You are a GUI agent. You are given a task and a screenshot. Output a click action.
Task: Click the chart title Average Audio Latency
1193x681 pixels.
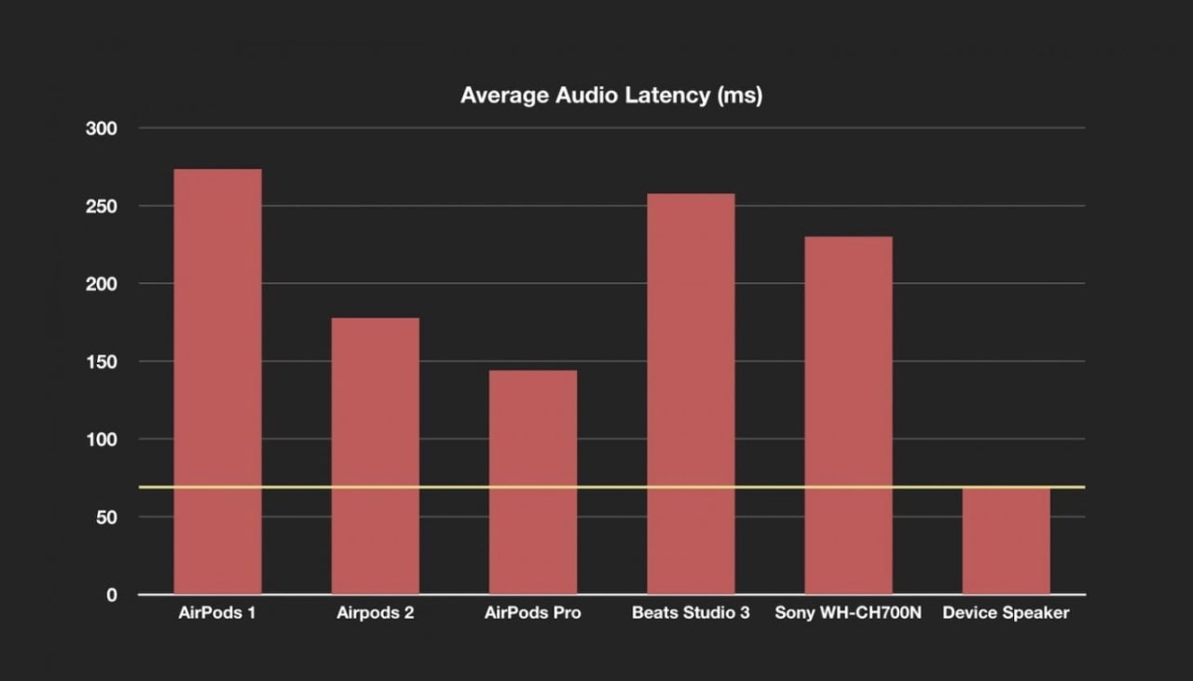[611, 96]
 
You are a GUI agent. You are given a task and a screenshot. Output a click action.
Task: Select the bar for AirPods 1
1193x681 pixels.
[217, 382]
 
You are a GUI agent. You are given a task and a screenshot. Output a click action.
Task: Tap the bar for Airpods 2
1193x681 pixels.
[376, 456]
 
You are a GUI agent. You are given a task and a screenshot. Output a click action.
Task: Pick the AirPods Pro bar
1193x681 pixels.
[533, 483]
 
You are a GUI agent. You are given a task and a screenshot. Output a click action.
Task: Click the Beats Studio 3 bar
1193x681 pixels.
[691, 394]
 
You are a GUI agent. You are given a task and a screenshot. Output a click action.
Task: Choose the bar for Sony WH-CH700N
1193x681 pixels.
[848, 415]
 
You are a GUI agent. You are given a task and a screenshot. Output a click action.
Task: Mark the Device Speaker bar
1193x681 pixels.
[1006, 541]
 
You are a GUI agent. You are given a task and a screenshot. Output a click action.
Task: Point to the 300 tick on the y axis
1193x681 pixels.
[101, 129]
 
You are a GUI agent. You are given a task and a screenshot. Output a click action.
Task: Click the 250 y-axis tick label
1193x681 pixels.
[101, 206]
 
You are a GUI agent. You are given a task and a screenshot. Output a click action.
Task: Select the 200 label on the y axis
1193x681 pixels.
[101, 284]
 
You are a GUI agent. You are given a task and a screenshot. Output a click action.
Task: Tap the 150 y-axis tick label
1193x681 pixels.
[101, 361]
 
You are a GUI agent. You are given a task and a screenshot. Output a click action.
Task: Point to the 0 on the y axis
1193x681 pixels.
[111, 594]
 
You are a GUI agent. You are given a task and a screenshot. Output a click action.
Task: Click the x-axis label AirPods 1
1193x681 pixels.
[217, 614]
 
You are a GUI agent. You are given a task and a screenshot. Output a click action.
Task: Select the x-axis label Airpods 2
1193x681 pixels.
[376, 614]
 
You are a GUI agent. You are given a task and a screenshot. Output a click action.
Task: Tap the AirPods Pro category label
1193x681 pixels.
[533, 614]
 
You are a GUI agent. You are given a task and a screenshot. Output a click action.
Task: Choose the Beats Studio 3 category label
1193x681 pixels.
[691, 614]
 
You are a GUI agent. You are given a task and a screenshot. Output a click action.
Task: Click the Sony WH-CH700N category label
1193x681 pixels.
[848, 614]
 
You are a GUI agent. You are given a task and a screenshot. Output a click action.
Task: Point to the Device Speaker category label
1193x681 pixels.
[1006, 614]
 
